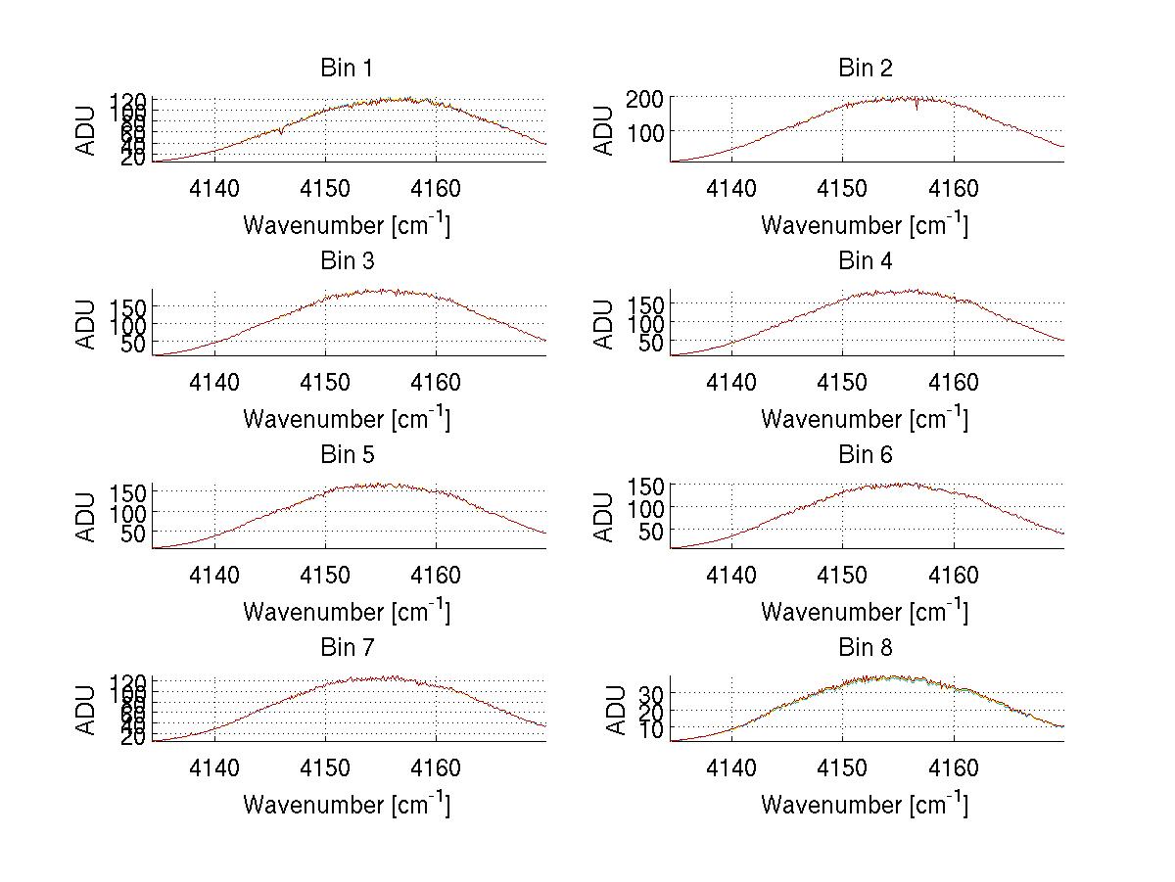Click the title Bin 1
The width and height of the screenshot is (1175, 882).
coord(346,69)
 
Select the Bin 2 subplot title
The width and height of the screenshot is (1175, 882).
coord(865,69)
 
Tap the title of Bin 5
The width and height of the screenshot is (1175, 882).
coord(346,455)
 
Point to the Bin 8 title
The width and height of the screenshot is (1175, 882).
coord(865,648)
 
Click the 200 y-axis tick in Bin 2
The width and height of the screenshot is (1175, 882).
coord(652,98)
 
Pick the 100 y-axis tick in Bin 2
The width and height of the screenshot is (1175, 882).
coord(652,131)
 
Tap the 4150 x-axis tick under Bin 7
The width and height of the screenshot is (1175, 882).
coord(325,767)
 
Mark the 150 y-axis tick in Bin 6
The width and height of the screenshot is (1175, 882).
coord(652,486)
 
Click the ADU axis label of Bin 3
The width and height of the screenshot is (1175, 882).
coord(86,325)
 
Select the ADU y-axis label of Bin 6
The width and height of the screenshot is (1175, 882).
coord(604,518)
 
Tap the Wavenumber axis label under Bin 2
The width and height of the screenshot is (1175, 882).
coord(865,225)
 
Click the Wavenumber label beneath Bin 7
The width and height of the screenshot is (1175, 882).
coord(346,805)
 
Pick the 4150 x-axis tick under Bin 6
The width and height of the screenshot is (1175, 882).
coord(843,575)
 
